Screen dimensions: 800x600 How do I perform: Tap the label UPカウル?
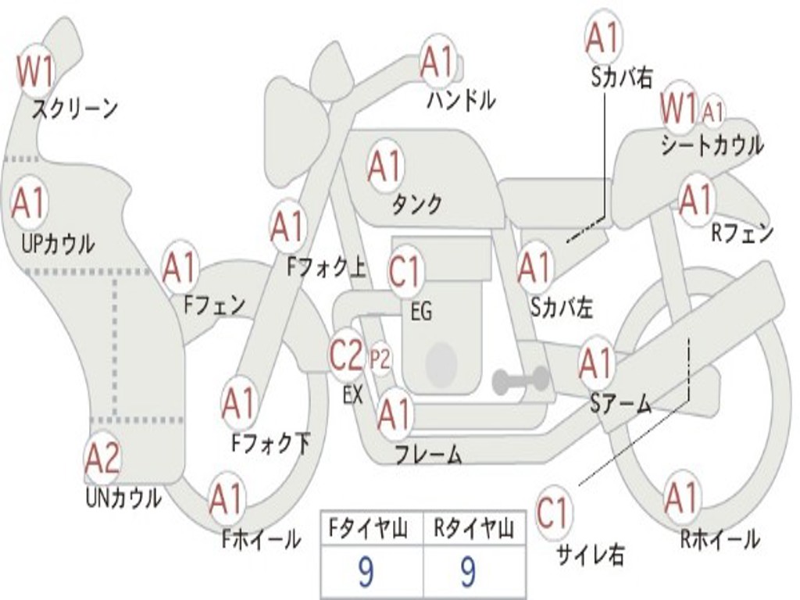point(57,243)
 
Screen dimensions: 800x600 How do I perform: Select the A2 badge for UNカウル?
point(102,459)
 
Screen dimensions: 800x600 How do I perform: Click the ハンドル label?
point(461,100)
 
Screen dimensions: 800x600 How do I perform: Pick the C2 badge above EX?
point(345,355)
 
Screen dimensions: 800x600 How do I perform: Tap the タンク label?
point(416,204)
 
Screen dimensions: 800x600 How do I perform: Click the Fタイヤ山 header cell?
point(372,530)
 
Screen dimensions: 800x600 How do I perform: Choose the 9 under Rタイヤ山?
point(467,573)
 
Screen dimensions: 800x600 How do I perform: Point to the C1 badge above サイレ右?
point(553,513)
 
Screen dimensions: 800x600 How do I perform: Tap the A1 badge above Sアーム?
point(597,363)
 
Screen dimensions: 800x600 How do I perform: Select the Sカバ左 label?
point(562,308)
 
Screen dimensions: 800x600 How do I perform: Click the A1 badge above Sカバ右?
point(602,37)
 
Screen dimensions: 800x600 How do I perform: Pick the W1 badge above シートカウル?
point(678,109)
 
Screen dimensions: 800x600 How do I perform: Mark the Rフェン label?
point(742,233)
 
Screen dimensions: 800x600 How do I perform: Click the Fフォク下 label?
point(270,444)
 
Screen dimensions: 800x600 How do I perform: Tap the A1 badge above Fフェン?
point(180,267)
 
